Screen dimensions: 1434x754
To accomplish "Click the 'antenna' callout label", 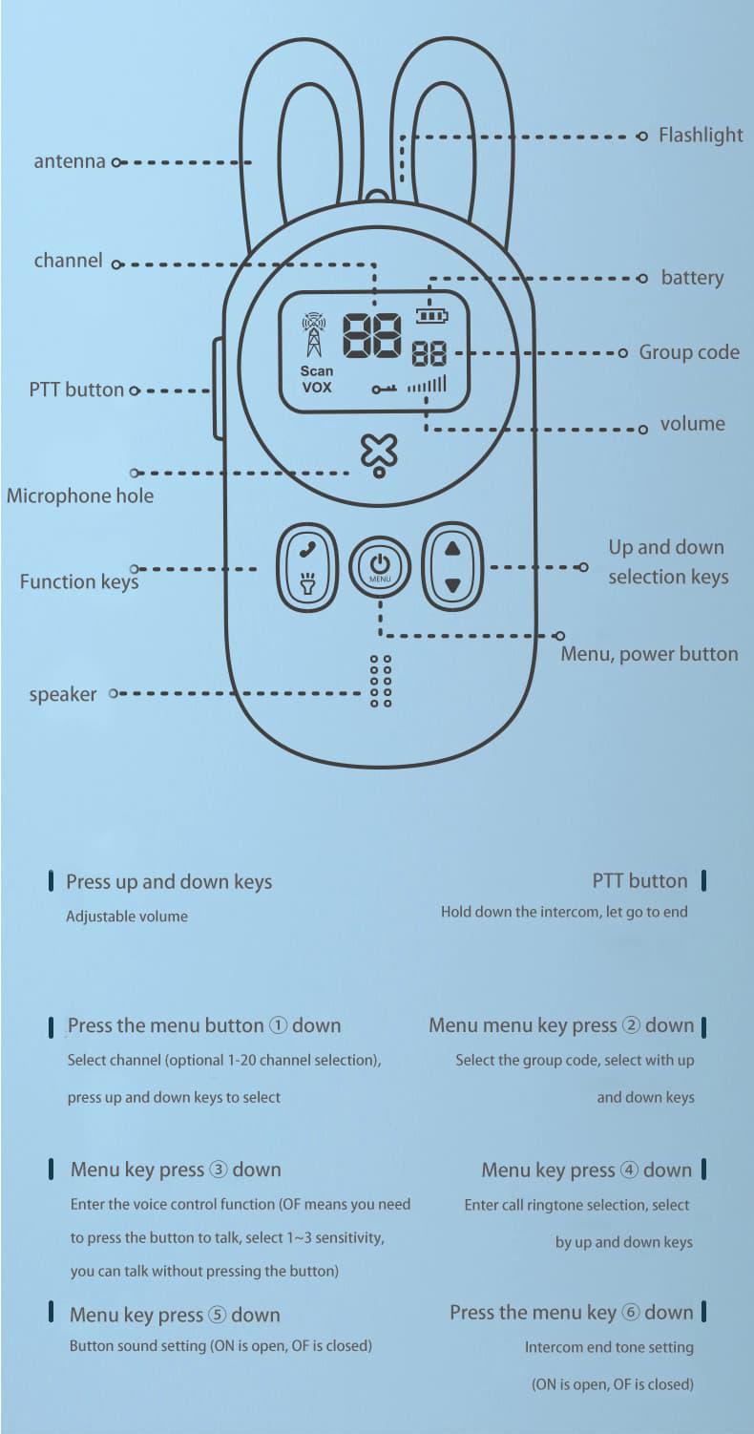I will click(70, 161).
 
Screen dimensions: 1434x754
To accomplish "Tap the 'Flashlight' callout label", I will click(701, 136).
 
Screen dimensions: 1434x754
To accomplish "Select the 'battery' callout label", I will click(692, 278).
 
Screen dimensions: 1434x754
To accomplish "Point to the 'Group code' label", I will click(689, 352).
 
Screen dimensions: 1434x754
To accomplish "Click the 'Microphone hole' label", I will click(79, 496).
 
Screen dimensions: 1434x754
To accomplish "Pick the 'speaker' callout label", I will click(62, 694).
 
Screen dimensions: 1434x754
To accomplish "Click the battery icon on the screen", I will click(430, 315).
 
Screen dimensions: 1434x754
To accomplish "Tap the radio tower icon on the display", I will click(313, 335).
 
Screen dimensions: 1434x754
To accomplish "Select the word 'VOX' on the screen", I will click(317, 387).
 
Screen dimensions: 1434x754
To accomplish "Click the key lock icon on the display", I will click(385, 389).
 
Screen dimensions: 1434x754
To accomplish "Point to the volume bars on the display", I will click(427, 385).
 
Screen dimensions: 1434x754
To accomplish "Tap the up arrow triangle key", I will click(452, 549).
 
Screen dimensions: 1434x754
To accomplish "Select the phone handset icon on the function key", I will click(306, 549).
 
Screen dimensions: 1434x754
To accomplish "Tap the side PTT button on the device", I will click(219, 390).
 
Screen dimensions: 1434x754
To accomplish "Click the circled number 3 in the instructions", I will click(219, 1170).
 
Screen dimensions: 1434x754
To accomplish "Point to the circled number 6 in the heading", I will click(630, 1313).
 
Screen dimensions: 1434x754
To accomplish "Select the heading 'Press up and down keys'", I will click(169, 882).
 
